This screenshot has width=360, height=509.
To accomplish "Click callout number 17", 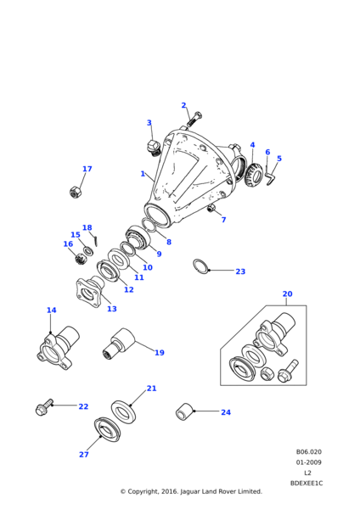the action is tap(87, 169).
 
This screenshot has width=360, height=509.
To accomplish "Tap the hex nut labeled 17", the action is tap(76, 192).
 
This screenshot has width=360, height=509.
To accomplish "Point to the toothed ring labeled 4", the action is tap(253, 176).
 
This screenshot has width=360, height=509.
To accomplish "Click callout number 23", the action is tap(240, 271).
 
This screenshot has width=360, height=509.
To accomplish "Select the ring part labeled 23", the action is tap(200, 266).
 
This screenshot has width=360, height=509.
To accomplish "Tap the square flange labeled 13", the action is tap(90, 292).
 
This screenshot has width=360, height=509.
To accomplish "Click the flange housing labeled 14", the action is tap(58, 348).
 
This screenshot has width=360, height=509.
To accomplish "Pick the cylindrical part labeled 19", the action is tap(119, 344).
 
